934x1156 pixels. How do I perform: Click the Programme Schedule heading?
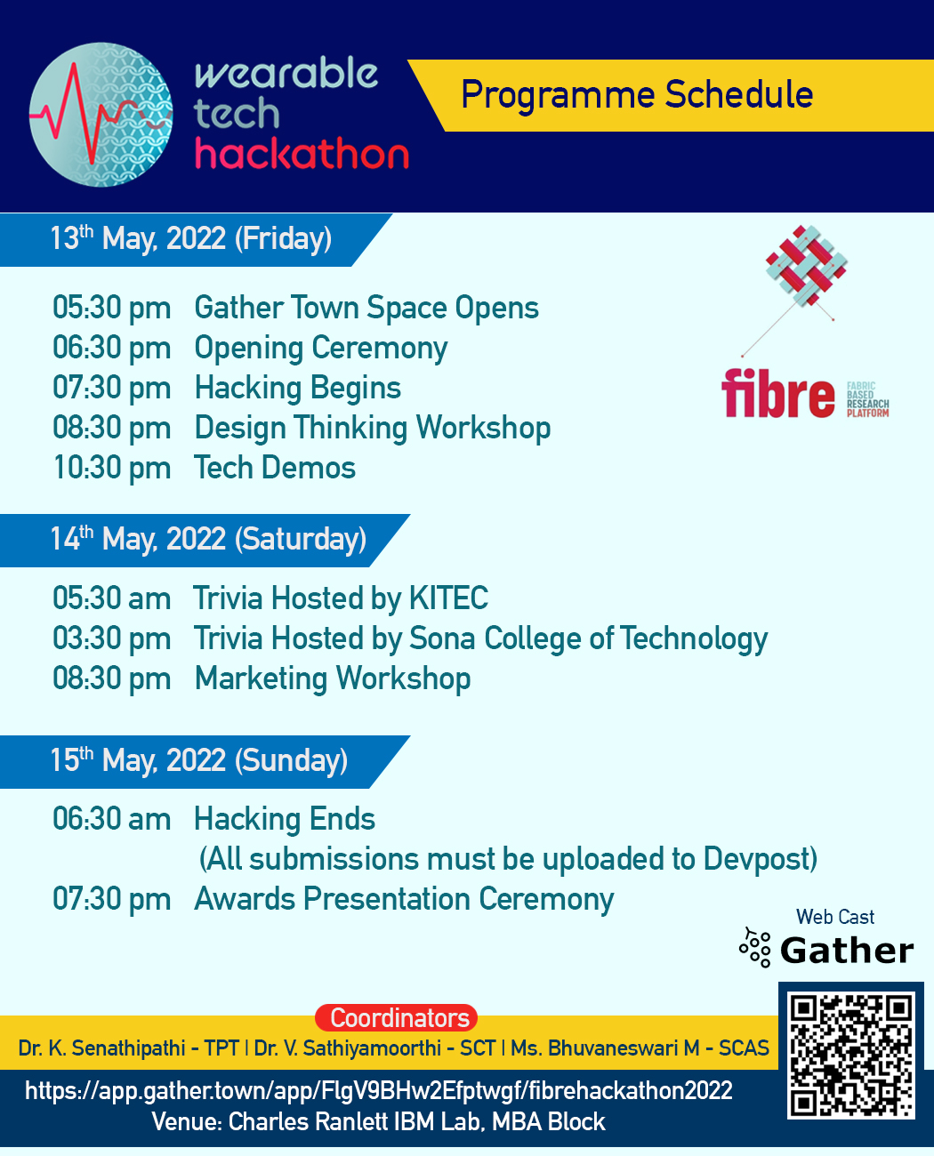[x=636, y=95]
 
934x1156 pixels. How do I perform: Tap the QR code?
[x=850, y=1055]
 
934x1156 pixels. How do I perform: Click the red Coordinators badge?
[x=397, y=1018]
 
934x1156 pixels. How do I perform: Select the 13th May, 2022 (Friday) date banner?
[x=190, y=239]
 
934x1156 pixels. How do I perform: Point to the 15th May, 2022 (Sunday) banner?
[x=198, y=761]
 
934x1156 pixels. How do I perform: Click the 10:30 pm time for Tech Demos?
[x=111, y=469]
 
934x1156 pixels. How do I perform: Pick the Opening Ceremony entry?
[x=320, y=349]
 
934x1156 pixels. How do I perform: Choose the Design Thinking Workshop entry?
[x=372, y=429]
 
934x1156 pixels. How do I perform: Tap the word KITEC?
[x=448, y=598]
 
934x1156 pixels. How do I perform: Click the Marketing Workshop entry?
[x=332, y=679]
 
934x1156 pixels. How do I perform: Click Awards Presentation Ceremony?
[x=404, y=900]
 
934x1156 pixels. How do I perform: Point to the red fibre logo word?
[x=777, y=395]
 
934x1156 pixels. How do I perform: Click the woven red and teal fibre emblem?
[x=806, y=266]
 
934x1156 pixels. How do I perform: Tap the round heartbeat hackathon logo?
[x=101, y=115]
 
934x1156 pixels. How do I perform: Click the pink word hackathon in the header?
[x=302, y=155]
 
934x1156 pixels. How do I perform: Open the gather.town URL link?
[x=378, y=1091]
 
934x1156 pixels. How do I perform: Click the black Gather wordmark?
[x=846, y=951]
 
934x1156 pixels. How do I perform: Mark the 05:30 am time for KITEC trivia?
[x=111, y=599]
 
